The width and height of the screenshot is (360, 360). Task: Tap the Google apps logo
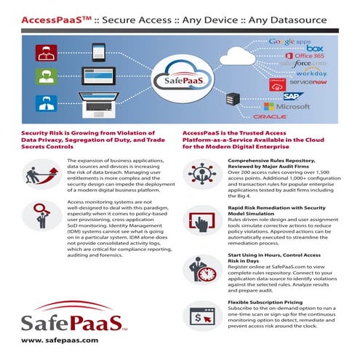pos(290,43)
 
